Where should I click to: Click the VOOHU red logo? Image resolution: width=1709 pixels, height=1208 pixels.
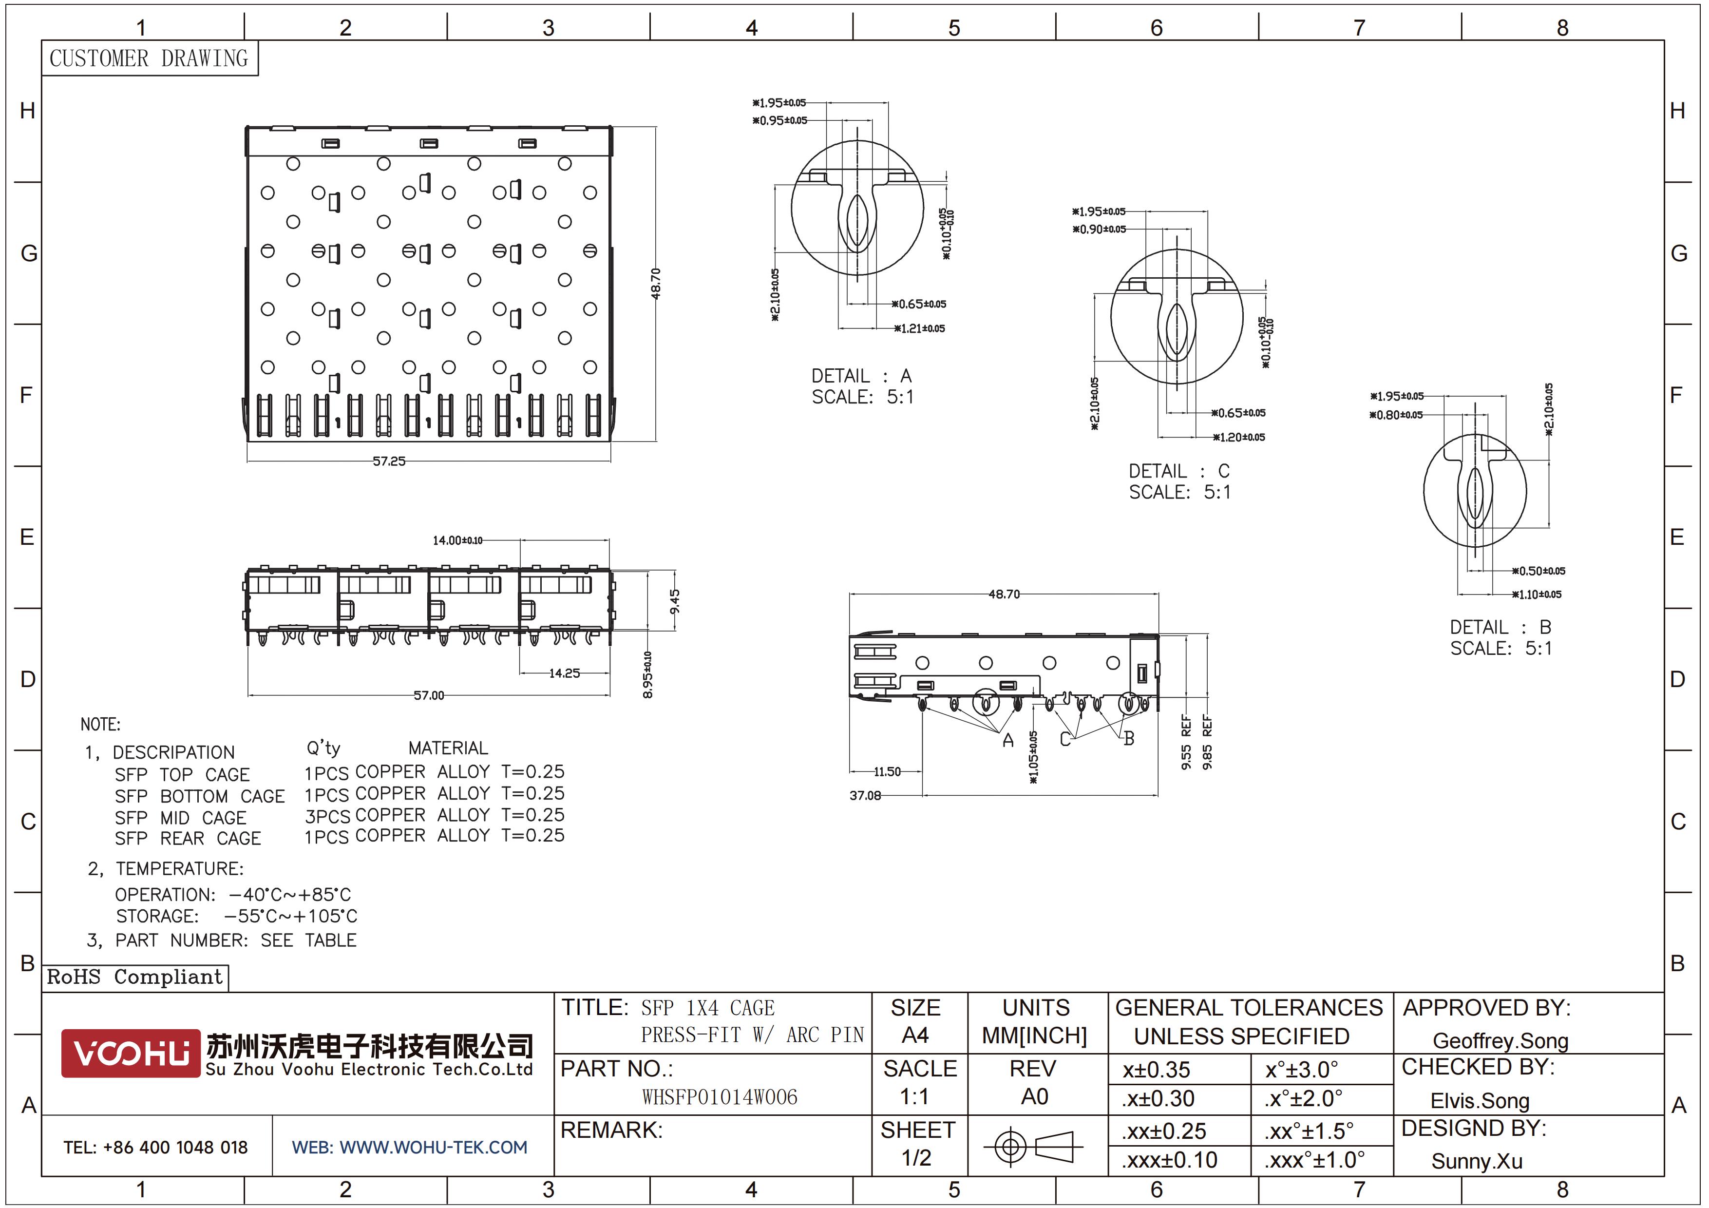[130, 1053]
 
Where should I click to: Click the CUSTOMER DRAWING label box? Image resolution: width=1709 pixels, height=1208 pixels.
[149, 58]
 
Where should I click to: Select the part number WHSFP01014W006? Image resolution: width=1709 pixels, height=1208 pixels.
[719, 1097]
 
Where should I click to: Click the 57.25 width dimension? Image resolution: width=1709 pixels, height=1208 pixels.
[389, 461]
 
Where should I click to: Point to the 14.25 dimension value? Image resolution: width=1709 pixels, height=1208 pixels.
[564, 673]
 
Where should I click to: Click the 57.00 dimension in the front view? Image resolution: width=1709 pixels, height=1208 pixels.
[429, 695]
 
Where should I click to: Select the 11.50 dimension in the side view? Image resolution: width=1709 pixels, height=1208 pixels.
[887, 772]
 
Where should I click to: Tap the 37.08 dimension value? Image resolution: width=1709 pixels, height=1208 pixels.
[865, 796]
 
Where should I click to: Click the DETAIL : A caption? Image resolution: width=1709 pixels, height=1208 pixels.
[861, 376]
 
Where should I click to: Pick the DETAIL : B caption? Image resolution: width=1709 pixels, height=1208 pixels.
[1500, 628]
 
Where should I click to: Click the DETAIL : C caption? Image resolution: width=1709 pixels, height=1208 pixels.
[1179, 471]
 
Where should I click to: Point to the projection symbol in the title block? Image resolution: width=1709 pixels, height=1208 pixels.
[1033, 1146]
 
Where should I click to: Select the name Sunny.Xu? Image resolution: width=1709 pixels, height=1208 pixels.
[1477, 1161]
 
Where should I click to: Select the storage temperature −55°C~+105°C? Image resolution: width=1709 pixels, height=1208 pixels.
[291, 916]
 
